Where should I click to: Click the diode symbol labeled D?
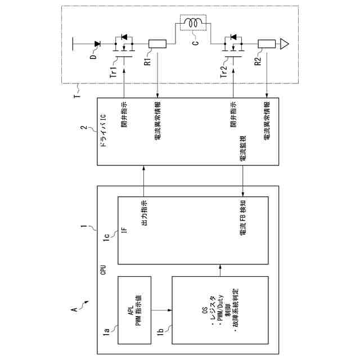click(x=96, y=43)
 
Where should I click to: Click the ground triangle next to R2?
click(x=285, y=43)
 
